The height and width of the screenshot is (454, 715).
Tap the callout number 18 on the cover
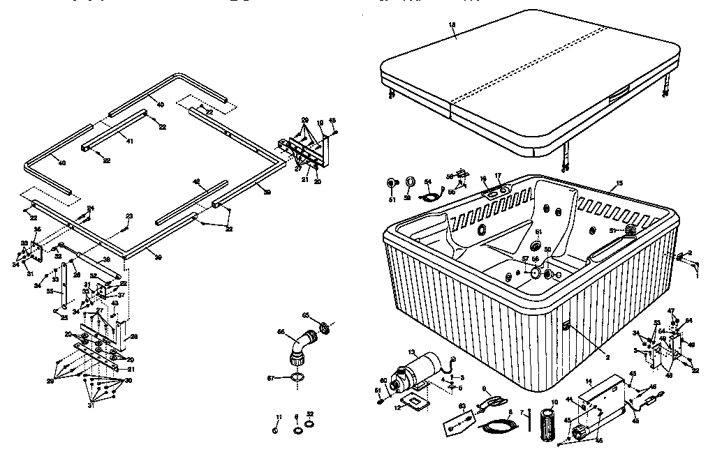tap(452, 25)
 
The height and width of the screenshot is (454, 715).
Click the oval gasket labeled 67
tap(297, 378)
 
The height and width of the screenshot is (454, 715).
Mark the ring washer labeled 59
tap(410, 182)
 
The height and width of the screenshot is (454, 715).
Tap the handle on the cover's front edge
tap(615, 100)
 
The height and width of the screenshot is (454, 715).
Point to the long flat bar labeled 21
tap(98, 354)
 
